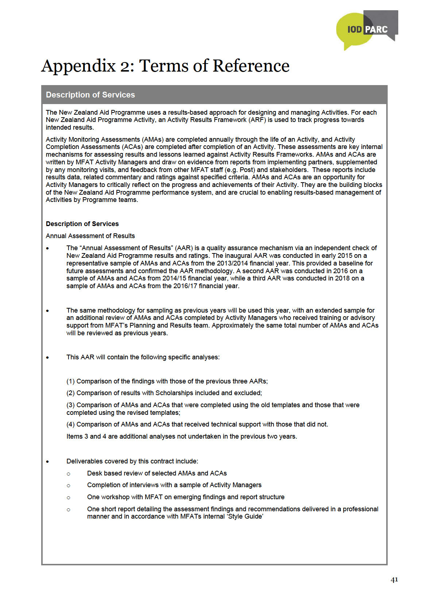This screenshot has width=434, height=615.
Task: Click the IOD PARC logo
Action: [x=367, y=30]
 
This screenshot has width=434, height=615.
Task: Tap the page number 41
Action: [x=394, y=580]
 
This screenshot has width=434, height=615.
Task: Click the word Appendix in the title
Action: [x=78, y=66]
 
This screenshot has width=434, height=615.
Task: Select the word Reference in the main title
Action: [x=251, y=66]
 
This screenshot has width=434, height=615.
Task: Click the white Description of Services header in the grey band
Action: [x=90, y=95]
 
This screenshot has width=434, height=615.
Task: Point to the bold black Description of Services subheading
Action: [x=82, y=224]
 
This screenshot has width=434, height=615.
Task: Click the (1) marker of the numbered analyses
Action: [x=70, y=381]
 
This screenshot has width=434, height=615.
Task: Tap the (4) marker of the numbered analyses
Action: [x=70, y=424]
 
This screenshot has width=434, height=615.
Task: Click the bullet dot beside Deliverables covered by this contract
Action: [x=47, y=462]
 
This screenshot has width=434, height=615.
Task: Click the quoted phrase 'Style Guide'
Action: [x=245, y=516]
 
